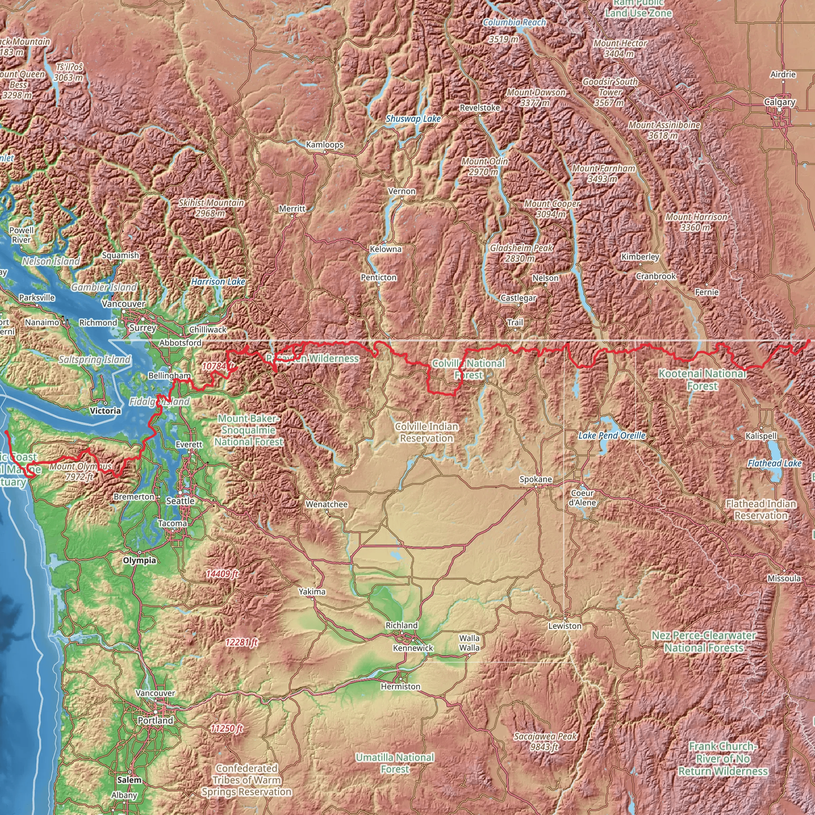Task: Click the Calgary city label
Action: pos(780,102)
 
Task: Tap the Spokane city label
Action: pos(535,479)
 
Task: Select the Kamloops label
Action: pos(324,145)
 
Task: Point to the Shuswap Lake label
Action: pos(413,119)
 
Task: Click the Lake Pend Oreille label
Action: pos(612,435)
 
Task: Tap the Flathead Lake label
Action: pos(774,463)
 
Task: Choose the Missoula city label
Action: pos(784,578)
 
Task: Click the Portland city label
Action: pos(155,721)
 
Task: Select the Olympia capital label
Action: pos(140,560)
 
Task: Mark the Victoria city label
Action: pos(105,410)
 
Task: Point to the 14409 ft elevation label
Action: pos(222,574)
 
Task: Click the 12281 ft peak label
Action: pos(241,642)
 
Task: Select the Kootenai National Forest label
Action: pos(702,379)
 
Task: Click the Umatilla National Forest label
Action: pos(394,763)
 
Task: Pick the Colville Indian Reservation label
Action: pos(427,433)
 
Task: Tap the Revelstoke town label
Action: pos(480,107)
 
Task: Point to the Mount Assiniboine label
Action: pos(664,130)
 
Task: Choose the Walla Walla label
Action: pos(469,643)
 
